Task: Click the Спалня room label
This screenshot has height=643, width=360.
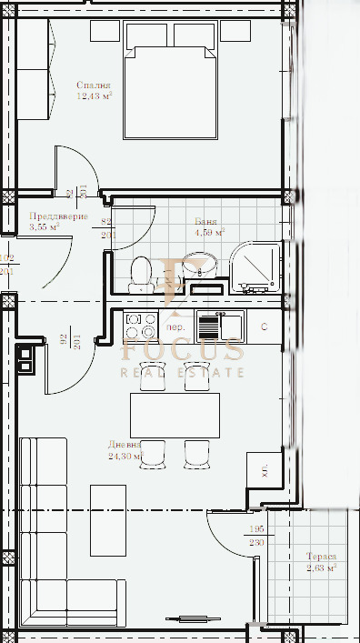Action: tap(93, 85)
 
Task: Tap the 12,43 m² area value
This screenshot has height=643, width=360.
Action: tap(95, 96)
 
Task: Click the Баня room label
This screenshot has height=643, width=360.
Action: tap(205, 221)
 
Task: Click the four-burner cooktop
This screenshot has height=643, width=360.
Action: tap(141, 326)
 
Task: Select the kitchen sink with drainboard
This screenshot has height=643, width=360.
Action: tap(219, 324)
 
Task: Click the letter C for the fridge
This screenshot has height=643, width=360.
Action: tap(264, 326)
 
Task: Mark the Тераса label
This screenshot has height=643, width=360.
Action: tap(321, 557)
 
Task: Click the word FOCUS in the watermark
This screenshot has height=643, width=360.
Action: tap(183, 350)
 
